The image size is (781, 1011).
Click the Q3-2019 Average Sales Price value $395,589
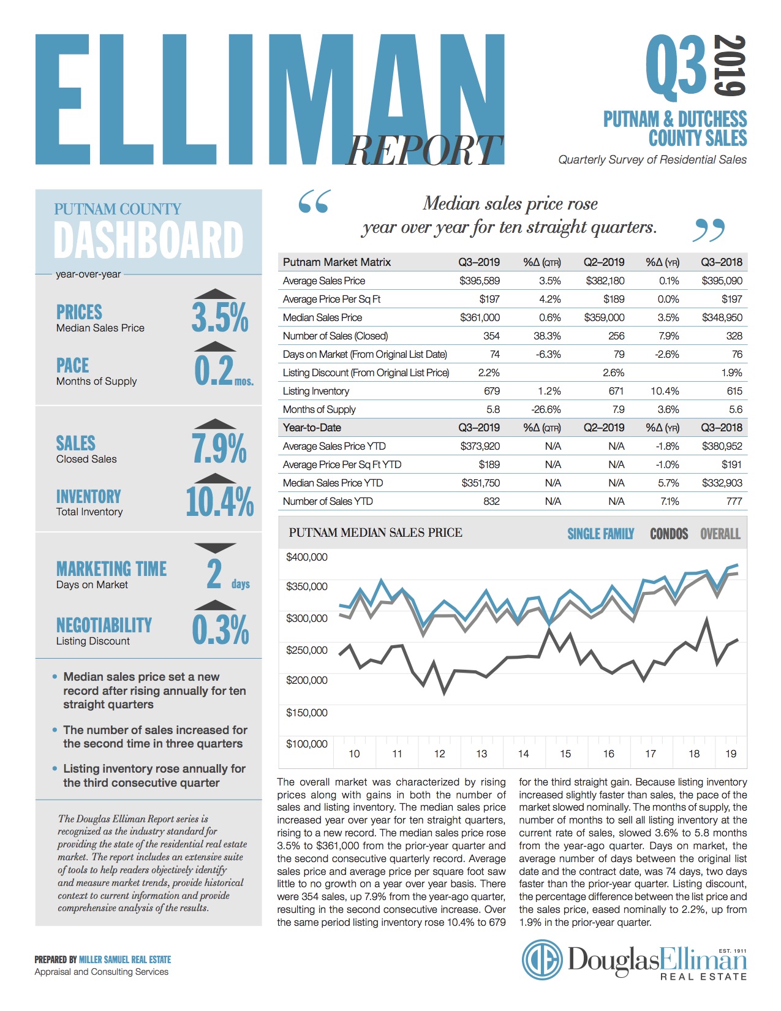point(480,281)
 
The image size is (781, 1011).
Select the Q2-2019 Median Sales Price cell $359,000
point(604,317)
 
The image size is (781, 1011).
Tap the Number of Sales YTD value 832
point(491,501)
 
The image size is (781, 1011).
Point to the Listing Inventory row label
point(316,391)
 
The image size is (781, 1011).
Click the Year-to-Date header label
point(312,428)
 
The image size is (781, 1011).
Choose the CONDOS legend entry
point(669,534)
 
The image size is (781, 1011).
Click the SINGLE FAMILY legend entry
point(600,534)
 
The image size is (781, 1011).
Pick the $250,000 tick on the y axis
point(307,650)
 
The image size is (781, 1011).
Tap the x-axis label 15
point(565,754)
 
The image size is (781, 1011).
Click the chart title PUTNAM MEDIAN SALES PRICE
point(375,532)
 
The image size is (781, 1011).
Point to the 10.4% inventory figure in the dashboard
point(219,502)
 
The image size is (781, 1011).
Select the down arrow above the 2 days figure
point(214,547)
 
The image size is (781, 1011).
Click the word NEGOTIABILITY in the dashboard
point(104,625)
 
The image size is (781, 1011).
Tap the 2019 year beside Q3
point(730,66)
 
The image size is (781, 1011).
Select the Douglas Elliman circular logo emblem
point(541,960)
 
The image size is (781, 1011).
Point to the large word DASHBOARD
point(149,240)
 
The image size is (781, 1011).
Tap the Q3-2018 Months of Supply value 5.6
point(735,409)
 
